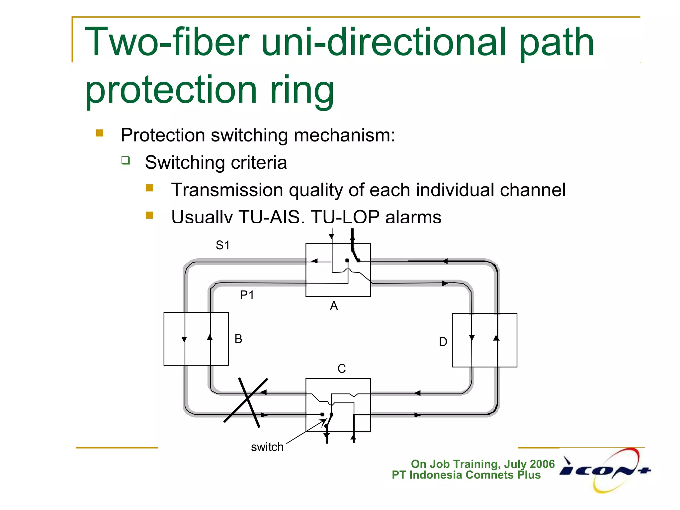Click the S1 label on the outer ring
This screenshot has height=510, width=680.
[x=222, y=245]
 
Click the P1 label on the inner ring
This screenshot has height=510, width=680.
[x=247, y=295]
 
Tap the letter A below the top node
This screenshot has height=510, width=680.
[x=334, y=306]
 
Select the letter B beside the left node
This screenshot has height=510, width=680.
[x=238, y=339]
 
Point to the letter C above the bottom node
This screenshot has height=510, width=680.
[x=342, y=369]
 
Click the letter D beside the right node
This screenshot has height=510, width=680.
[x=443, y=342]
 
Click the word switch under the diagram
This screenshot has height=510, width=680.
[x=267, y=447]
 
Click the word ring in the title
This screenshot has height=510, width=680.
[x=301, y=90]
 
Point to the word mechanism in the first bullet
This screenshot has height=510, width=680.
[x=344, y=135]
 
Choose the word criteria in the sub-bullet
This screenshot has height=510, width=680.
[x=259, y=163]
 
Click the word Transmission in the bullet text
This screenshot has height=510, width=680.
[x=227, y=190]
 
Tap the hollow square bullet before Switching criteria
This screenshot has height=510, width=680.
[x=126, y=161]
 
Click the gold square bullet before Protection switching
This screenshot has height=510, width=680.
[x=100, y=133]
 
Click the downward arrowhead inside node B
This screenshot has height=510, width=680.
[x=184, y=339]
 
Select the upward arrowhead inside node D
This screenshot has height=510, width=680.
[x=496, y=338]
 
